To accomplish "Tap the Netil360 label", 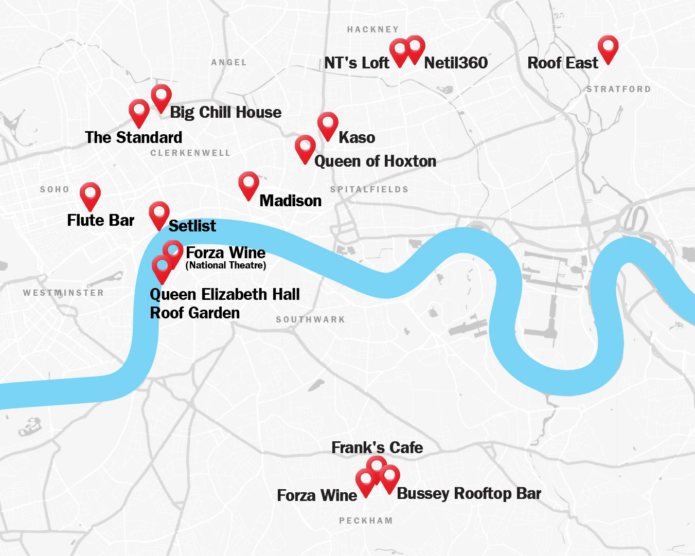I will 455,63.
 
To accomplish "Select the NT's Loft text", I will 357,63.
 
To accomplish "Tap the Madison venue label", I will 290,201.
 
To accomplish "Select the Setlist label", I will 192,226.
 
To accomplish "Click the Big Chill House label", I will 225,112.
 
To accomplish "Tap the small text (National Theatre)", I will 226,265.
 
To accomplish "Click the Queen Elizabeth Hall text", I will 224,295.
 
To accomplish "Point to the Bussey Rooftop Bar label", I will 469,494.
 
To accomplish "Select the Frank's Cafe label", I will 377,447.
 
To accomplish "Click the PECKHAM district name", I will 366,521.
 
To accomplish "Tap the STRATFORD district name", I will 618,89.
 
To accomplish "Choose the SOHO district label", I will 55,189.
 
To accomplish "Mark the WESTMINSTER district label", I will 63,293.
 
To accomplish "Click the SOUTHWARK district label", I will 310,319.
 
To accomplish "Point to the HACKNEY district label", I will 373,29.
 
